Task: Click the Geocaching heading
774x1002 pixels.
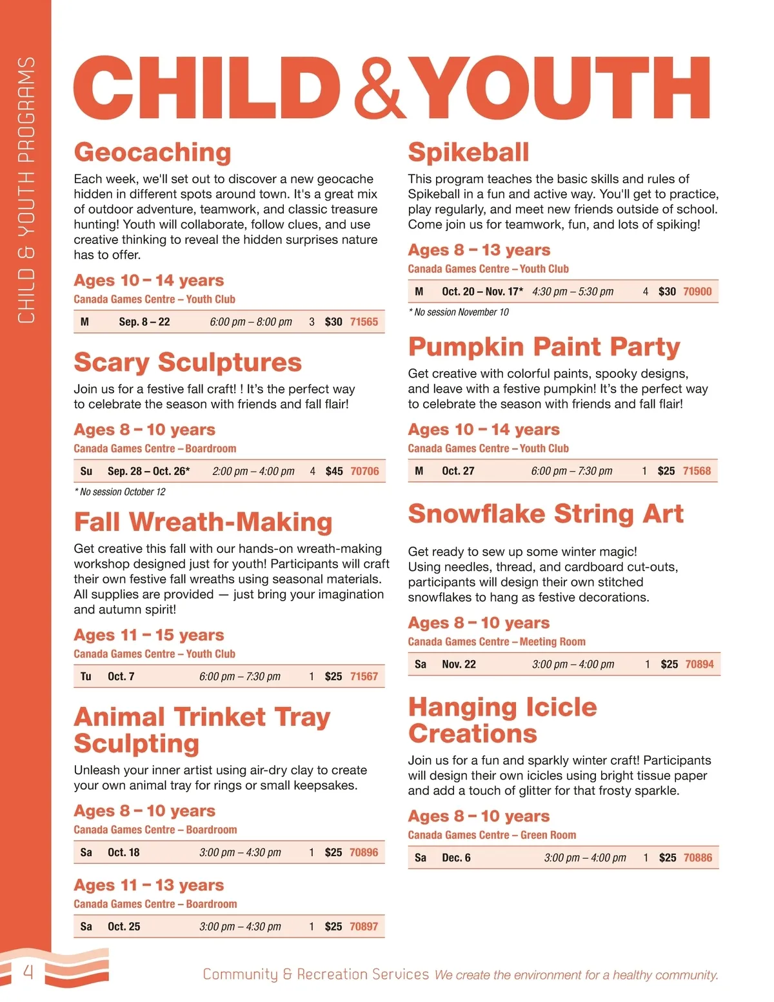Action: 152,152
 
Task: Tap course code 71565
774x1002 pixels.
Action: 364,321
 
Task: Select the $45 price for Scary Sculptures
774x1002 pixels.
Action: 334,471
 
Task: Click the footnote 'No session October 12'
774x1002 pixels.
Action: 120,492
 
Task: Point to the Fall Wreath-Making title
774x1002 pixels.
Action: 203,522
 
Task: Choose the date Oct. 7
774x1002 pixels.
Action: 121,676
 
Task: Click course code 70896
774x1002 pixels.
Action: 364,852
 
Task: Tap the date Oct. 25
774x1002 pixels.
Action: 124,927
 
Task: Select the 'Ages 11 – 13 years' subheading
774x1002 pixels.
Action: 149,885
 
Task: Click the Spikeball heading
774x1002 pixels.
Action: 468,152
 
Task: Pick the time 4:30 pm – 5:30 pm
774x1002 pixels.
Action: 573,292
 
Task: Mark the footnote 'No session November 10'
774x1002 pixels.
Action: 459,312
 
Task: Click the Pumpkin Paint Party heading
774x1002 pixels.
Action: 544,347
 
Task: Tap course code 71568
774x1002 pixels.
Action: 697,471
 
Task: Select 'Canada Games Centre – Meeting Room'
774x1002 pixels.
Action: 497,642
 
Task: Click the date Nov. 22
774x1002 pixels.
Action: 459,665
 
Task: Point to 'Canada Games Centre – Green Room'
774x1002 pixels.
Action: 491,835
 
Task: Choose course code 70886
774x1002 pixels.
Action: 698,857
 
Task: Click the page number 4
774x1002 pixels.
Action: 28,972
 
